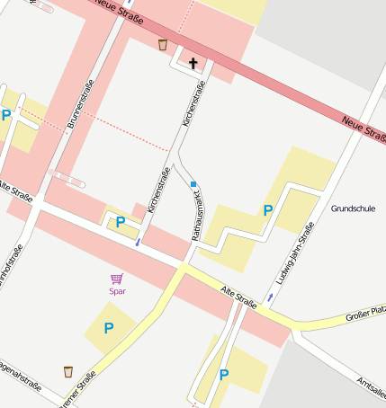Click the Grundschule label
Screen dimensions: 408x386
353,208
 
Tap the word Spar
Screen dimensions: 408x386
117,290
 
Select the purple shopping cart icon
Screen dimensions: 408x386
116,279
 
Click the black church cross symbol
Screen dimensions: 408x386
193,63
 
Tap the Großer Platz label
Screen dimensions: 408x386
365,315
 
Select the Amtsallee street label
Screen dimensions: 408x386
372,386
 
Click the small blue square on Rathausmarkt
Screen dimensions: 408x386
193,184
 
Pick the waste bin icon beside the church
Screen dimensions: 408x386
162,44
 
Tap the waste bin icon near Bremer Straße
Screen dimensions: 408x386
68,371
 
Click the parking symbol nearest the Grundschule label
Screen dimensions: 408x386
267,210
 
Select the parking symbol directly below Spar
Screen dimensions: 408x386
109,328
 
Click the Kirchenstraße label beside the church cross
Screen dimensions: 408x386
193,102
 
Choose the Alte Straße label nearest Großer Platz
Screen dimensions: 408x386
239,297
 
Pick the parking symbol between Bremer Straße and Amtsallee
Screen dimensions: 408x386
224,374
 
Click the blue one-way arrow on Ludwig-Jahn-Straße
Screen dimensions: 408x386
270,297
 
